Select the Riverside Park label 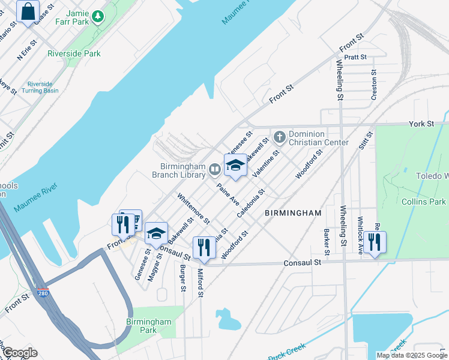[x=74, y=53]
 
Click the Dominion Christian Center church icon [x=279, y=137]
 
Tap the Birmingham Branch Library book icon [x=214, y=170]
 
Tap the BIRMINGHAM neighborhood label [x=293, y=213]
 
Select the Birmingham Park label [x=148, y=326]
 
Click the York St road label [x=421, y=124]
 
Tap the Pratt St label [x=355, y=58]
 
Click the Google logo [x=20, y=352]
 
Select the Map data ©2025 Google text [x=411, y=355]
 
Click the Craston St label [x=373, y=83]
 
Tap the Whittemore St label [x=193, y=208]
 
